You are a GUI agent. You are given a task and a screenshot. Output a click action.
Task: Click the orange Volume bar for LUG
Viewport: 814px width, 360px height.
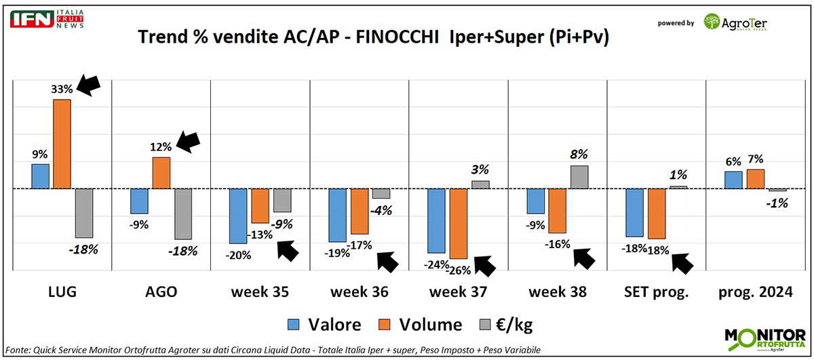pyautogui.click(x=62, y=144)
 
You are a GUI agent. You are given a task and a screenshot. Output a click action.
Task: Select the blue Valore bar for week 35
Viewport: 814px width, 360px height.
pyautogui.click(x=238, y=216)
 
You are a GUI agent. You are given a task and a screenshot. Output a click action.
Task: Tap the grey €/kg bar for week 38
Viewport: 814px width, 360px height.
pyautogui.click(x=579, y=177)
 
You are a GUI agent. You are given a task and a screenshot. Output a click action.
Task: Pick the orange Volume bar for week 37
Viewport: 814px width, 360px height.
pyautogui.click(x=459, y=224)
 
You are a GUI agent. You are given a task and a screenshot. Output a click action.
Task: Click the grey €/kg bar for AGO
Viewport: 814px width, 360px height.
pyautogui.click(x=183, y=214)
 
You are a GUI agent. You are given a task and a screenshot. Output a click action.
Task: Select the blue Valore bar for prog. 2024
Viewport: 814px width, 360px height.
pyautogui.click(x=733, y=180)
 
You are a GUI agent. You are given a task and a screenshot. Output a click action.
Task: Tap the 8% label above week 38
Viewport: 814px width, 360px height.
pyautogui.click(x=579, y=154)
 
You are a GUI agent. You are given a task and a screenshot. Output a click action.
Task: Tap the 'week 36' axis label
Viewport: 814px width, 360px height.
pyautogui.click(x=360, y=292)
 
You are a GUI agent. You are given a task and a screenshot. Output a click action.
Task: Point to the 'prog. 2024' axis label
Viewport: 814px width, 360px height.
pyautogui.click(x=756, y=292)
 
